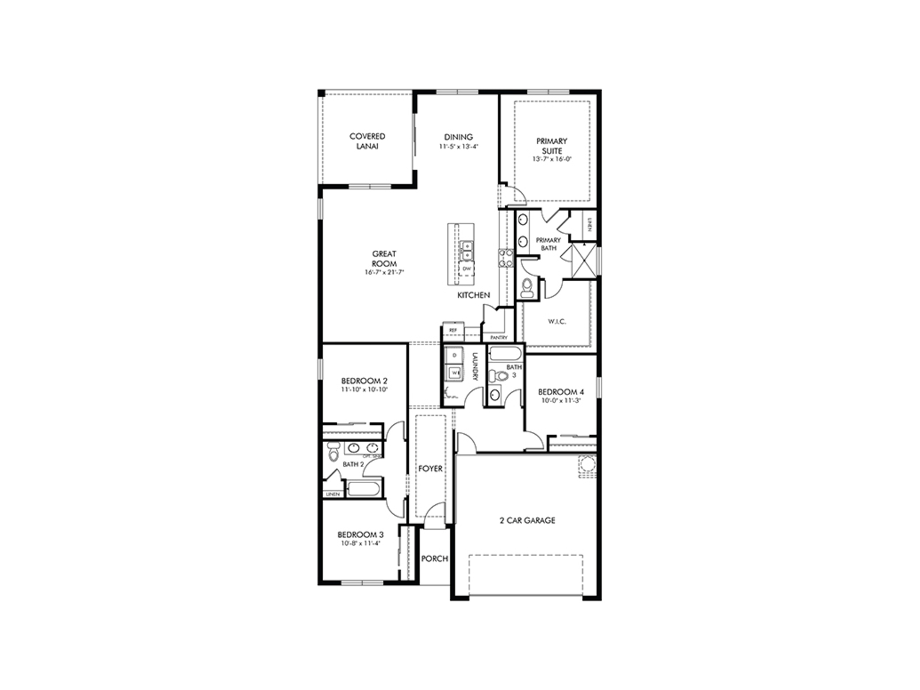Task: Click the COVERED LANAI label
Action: click(367, 141)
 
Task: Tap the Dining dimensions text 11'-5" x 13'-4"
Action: click(458, 147)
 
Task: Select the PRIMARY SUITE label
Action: click(551, 145)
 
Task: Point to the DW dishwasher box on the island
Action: click(466, 269)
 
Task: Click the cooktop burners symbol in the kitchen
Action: click(505, 258)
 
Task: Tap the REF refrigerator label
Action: click(453, 331)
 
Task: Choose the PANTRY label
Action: click(498, 338)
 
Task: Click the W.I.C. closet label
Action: click(556, 321)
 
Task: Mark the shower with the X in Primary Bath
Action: click(583, 260)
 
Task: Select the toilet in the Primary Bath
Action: click(527, 288)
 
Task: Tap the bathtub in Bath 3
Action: click(506, 352)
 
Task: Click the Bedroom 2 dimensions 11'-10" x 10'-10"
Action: click(364, 389)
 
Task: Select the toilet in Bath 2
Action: click(332, 454)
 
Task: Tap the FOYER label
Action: click(430, 469)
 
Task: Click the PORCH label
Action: click(434, 558)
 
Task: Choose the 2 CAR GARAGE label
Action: click(527, 520)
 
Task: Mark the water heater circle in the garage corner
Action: click(586, 464)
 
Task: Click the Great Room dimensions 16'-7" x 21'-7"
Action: click(384, 273)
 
